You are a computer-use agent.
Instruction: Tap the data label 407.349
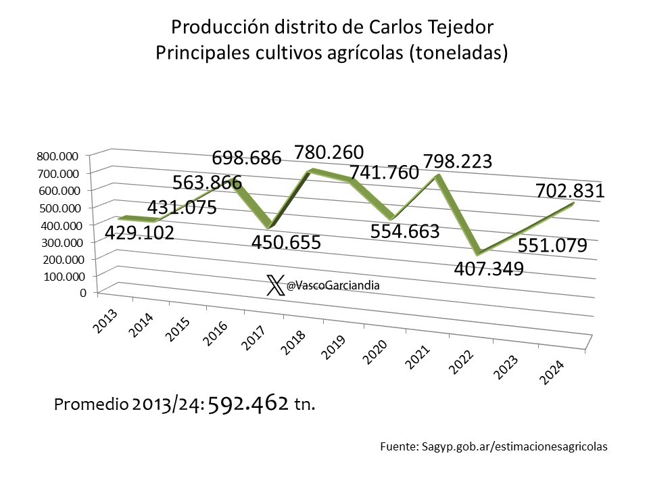point(489,269)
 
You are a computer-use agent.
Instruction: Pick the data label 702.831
point(571,192)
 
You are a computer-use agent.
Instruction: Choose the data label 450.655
point(285,242)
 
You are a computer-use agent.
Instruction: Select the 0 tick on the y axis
point(82,293)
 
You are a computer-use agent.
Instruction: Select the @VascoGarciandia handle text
point(333,286)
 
